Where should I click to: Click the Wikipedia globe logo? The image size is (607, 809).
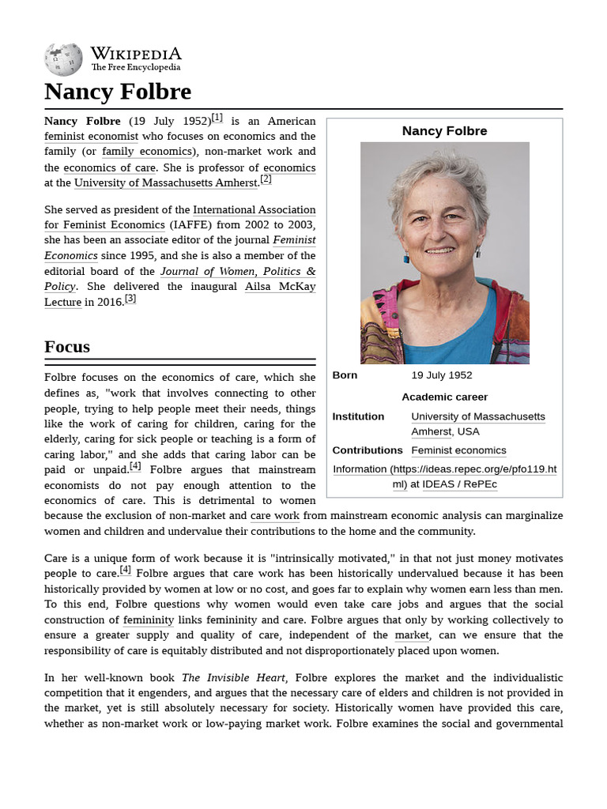[x=63, y=59]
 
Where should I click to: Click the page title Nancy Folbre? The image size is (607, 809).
[x=118, y=92]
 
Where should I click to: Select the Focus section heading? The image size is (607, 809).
[x=67, y=346]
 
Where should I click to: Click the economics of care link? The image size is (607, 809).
[x=110, y=167]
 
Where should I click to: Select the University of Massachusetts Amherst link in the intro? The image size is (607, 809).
[x=166, y=182]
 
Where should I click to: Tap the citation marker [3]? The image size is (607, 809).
[x=130, y=299]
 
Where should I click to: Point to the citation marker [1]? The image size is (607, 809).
[x=217, y=118]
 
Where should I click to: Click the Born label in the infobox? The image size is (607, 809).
[x=345, y=375]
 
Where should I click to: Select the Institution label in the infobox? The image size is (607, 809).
[x=358, y=416]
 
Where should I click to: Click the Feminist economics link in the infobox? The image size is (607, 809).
[x=458, y=450]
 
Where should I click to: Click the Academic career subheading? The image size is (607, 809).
[x=444, y=397]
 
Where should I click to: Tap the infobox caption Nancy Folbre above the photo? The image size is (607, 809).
[x=444, y=131]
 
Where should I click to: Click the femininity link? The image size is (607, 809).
[x=149, y=620]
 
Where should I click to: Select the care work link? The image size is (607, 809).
[x=274, y=516]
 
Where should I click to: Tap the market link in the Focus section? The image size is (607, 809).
[x=412, y=635]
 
